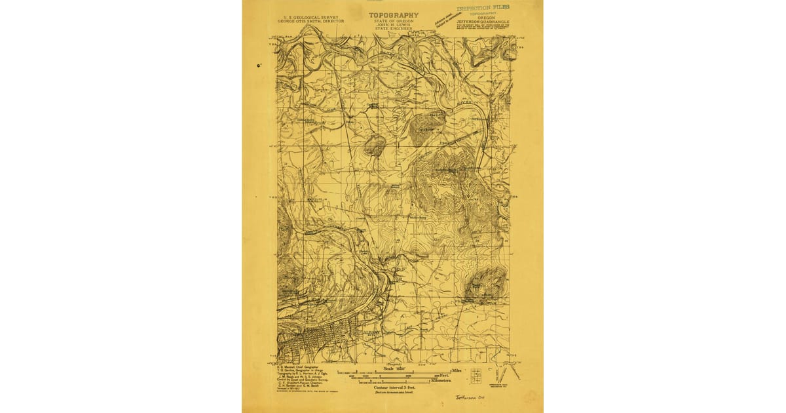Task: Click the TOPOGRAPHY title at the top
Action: tap(393, 14)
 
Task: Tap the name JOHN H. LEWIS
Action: tap(393, 25)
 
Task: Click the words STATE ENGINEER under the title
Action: tap(393, 29)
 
